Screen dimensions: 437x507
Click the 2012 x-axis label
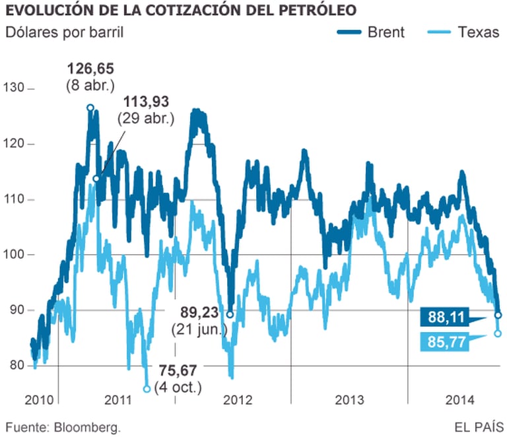click(x=238, y=400)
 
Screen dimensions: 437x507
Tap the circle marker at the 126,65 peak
click(x=90, y=108)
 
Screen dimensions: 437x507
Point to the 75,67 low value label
click(x=178, y=370)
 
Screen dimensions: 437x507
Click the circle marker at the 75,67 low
click(x=147, y=388)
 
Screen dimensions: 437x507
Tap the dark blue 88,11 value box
click(x=446, y=318)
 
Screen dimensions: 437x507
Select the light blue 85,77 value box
click(x=446, y=341)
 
